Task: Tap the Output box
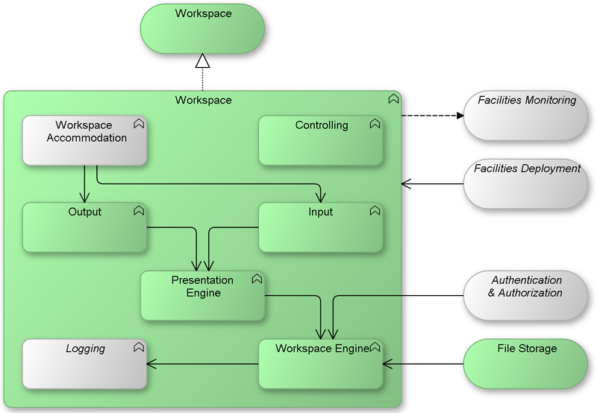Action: [84, 227]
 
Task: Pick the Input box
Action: [321, 227]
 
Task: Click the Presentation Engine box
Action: [202, 295]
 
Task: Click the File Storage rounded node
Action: [526, 364]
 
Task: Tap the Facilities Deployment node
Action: [526, 183]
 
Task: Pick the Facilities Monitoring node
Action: [526, 116]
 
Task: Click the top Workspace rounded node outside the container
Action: [202, 28]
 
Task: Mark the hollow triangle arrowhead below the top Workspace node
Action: [202, 61]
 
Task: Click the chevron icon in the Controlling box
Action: [374, 124]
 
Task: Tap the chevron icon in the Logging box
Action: [138, 347]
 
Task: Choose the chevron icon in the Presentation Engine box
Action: [256, 279]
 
